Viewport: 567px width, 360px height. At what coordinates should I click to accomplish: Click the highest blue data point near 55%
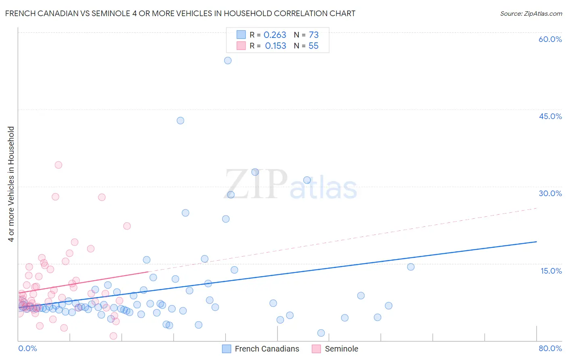[228, 61]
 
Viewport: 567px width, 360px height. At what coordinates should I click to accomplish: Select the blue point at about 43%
[180, 121]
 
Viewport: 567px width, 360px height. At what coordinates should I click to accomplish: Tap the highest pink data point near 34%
[58, 165]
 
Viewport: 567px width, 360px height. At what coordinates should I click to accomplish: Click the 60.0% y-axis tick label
[550, 39]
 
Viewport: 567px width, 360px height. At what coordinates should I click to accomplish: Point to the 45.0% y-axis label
[550, 116]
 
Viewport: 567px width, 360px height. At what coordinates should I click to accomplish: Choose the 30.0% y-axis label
[550, 193]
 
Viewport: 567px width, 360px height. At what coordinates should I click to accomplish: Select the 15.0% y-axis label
[551, 271]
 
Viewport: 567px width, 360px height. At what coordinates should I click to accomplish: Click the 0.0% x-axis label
[27, 348]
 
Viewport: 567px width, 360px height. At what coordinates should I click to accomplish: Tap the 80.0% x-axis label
[550, 348]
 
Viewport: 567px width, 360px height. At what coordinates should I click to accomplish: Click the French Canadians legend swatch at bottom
[227, 349]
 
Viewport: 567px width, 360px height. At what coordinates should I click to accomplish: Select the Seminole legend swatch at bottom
[317, 349]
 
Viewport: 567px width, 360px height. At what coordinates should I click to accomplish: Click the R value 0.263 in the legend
[275, 35]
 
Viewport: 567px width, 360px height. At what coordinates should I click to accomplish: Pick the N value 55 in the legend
[313, 46]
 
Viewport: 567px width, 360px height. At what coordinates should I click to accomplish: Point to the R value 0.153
[275, 46]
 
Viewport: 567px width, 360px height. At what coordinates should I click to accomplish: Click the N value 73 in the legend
[313, 35]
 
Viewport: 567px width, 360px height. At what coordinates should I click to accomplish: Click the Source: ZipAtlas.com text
[531, 14]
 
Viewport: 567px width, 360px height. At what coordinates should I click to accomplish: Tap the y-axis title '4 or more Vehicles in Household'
[11, 184]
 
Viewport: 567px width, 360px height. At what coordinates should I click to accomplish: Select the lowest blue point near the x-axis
[321, 333]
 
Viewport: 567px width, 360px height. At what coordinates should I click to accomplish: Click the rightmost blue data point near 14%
[411, 267]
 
